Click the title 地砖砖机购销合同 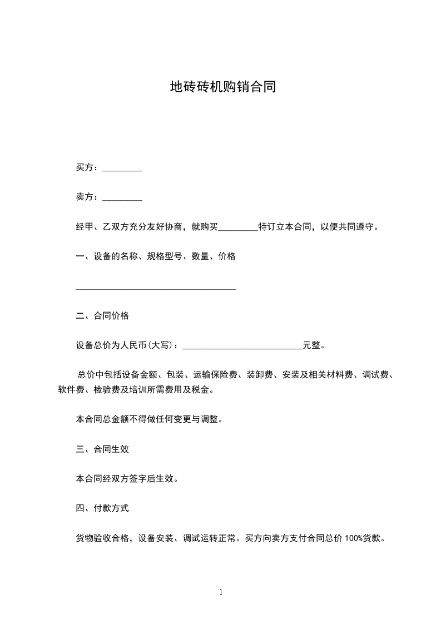[223, 87]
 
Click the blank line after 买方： [122, 169]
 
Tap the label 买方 [85, 167]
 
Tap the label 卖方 [85, 197]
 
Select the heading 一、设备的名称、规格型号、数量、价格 [156, 256]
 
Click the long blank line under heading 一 [156, 289]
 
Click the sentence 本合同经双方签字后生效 [127, 478]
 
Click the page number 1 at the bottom [221, 593]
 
